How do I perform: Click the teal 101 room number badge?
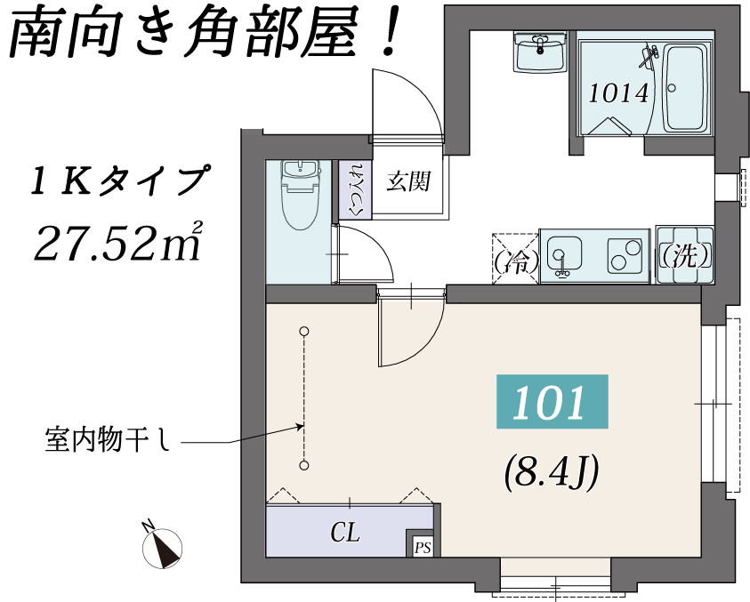pyautogui.click(x=552, y=401)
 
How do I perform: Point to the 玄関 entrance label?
pyautogui.click(x=408, y=181)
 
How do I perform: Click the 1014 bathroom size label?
pyautogui.click(x=618, y=93)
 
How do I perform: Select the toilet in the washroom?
pyautogui.click(x=302, y=195)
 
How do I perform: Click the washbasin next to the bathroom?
pyautogui.click(x=541, y=52)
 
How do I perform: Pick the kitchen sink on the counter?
pyautogui.click(x=564, y=257)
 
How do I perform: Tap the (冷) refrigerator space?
pyautogui.click(x=516, y=259)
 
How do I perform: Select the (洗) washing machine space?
pyautogui.click(x=685, y=256)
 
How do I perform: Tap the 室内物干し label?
pyautogui.click(x=107, y=439)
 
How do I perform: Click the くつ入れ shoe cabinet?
pyautogui.click(x=355, y=189)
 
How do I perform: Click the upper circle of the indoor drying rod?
pyautogui.click(x=303, y=331)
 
